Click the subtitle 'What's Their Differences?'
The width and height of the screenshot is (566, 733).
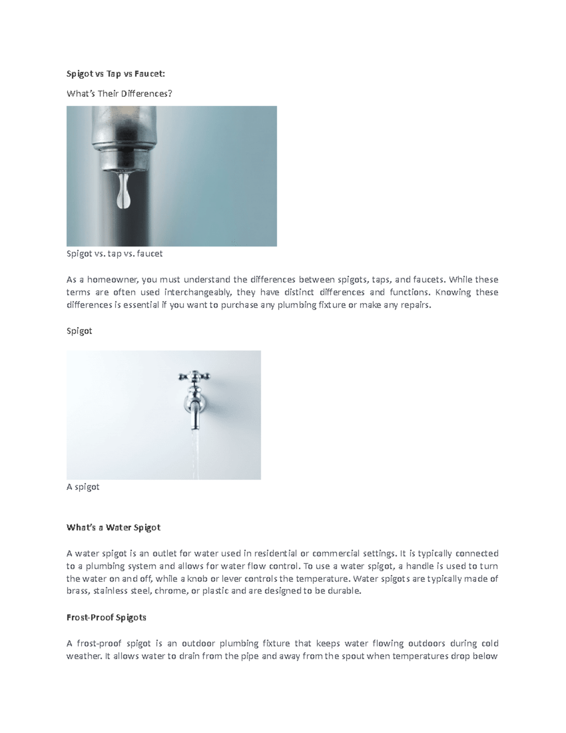click(119, 94)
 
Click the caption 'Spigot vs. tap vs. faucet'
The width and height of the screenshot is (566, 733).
click(115, 253)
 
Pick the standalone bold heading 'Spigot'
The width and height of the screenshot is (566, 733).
click(79, 331)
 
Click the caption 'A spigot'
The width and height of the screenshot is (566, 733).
click(83, 487)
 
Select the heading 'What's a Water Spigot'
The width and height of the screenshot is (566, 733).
click(114, 527)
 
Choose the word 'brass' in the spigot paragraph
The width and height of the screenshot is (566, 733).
click(77, 591)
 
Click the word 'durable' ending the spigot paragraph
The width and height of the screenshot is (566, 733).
click(346, 591)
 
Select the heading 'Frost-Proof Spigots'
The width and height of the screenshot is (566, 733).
click(107, 617)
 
